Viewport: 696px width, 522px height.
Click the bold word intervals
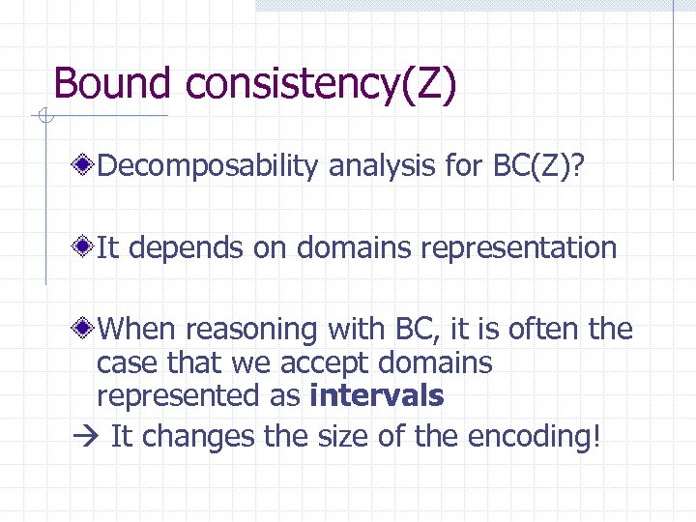(376, 395)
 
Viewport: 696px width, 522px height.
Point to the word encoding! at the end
(534, 437)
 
